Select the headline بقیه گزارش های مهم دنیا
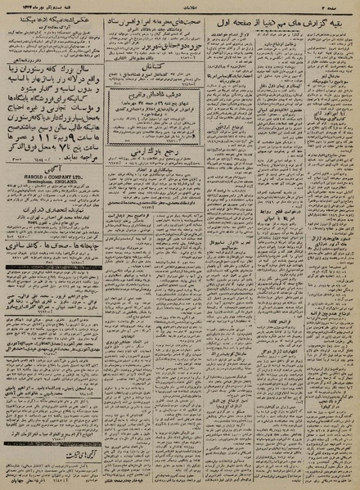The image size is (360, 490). tap(286, 25)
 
